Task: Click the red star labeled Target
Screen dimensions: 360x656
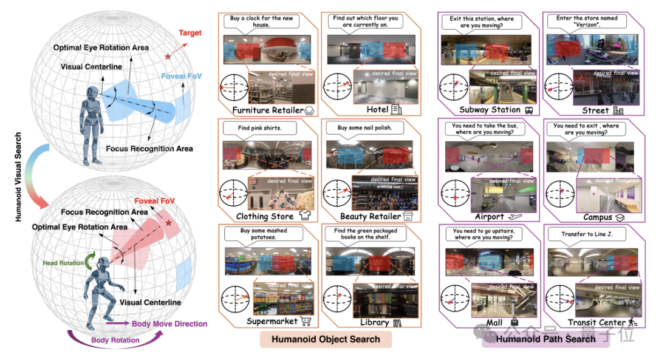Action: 168,56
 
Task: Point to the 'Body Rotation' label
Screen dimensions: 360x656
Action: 115,340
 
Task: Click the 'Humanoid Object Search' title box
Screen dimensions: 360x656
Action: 326,339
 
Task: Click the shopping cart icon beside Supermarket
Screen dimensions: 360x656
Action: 307,321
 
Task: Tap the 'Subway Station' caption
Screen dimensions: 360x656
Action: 490,110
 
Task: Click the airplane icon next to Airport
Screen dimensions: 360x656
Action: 516,217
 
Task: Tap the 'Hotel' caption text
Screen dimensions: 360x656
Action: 377,110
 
